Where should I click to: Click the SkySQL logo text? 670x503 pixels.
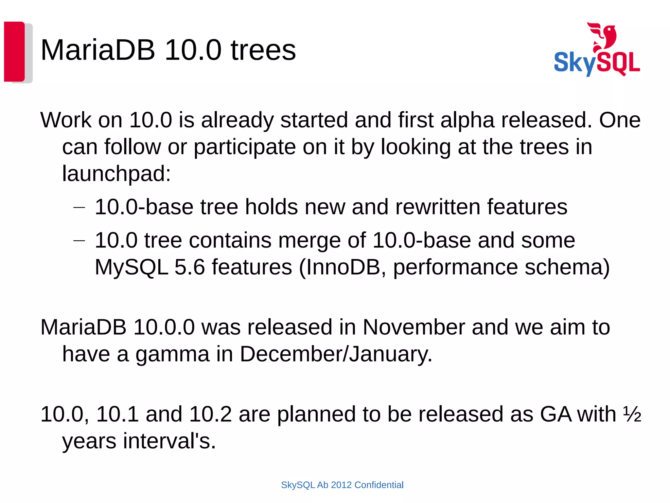click(x=597, y=63)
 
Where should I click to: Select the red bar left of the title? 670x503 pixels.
click(x=14, y=51)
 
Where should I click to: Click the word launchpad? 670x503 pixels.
click(x=116, y=173)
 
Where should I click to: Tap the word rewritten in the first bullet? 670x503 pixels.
click(x=437, y=207)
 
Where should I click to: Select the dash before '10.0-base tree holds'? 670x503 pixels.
click(x=79, y=207)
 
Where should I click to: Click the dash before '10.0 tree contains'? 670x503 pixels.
click(x=79, y=241)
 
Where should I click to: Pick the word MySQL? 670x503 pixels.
click(x=132, y=267)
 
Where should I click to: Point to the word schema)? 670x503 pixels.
click(x=567, y=267)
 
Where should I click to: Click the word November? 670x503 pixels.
click(x=414, y=327)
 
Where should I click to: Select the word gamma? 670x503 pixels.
click(x=172, y=354)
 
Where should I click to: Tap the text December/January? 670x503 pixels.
click(x=336, y=354)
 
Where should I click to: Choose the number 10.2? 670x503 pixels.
click(x=210, y=414)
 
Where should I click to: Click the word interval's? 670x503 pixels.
click(x=169, y=441)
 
